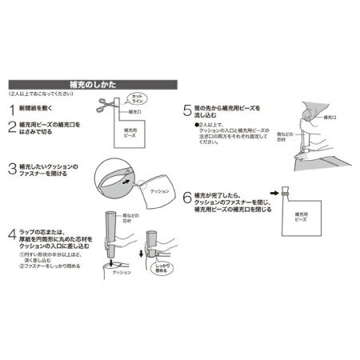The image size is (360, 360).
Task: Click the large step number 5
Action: click(187, 107)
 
